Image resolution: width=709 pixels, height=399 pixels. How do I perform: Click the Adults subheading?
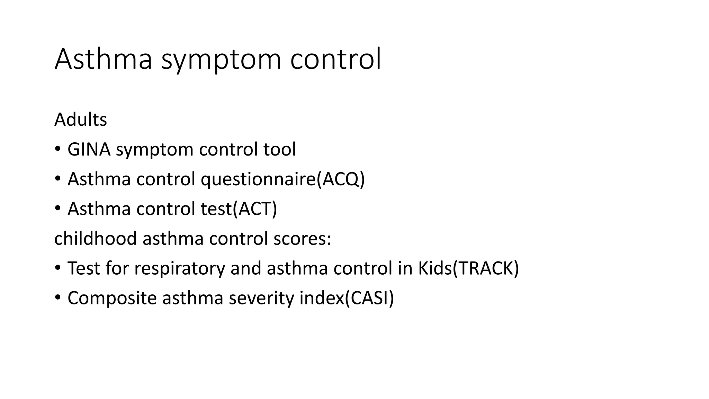coord(80,120)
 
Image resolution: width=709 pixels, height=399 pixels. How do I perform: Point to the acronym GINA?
coord(89,150)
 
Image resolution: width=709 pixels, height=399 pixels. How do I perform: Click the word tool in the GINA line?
coord(279,150)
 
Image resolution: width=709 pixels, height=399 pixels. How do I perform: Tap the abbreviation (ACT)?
coord(255,209)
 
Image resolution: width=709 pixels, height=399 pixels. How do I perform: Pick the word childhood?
coord(96,239)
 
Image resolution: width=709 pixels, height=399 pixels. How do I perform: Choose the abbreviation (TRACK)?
coord(486,268)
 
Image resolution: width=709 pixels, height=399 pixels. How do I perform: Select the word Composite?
coord(112,298)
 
